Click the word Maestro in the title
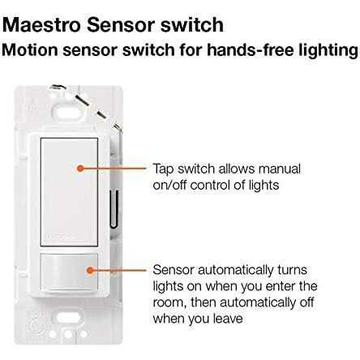coord(41,24)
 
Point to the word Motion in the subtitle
coord(30,50)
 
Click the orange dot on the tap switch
coord(79,169)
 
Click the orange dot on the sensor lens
coord(90,270)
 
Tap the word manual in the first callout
coord(280,169)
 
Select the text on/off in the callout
coord(169,185)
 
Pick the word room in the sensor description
coord(169,302)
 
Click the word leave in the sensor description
coord(228,319)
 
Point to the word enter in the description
coord(281,286)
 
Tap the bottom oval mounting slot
coord(67,317)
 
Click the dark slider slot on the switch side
coord(114,208)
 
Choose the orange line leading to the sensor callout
coord(120,270)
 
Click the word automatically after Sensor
coord(236,271)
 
